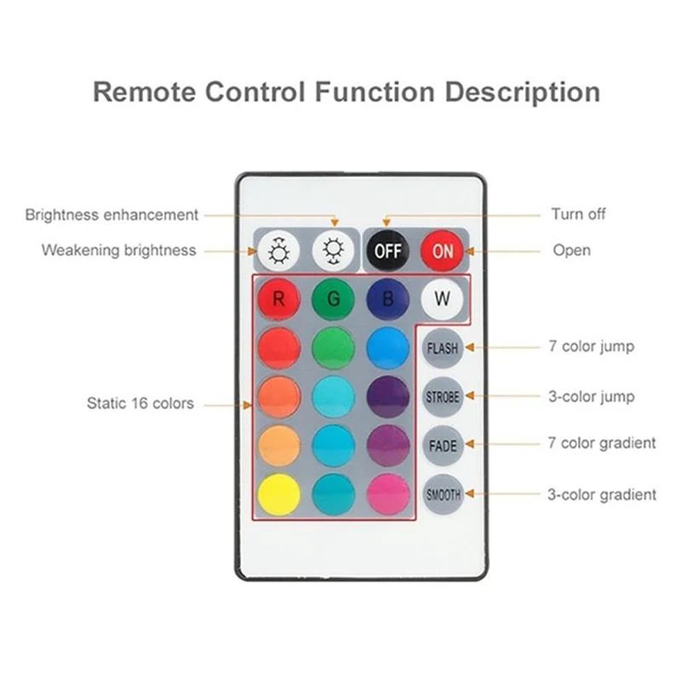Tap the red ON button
pos(443,250)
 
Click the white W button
pos(442,297)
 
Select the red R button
pos(278,298)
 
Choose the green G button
pos(333,298)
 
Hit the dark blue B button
pos(387,298)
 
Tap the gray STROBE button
pos(443,396)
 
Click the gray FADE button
pos(443,445)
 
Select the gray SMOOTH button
pos(443,495)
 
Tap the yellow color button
pos(278,495)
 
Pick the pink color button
pos(387,495)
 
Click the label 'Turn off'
pos(578,214)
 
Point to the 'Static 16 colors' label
pos(140,403)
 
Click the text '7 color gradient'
pos(602,443)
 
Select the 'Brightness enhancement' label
pos(112,215)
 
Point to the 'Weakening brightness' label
pos(119,250)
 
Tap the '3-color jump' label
pos(591,396)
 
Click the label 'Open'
pos(571,250)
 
